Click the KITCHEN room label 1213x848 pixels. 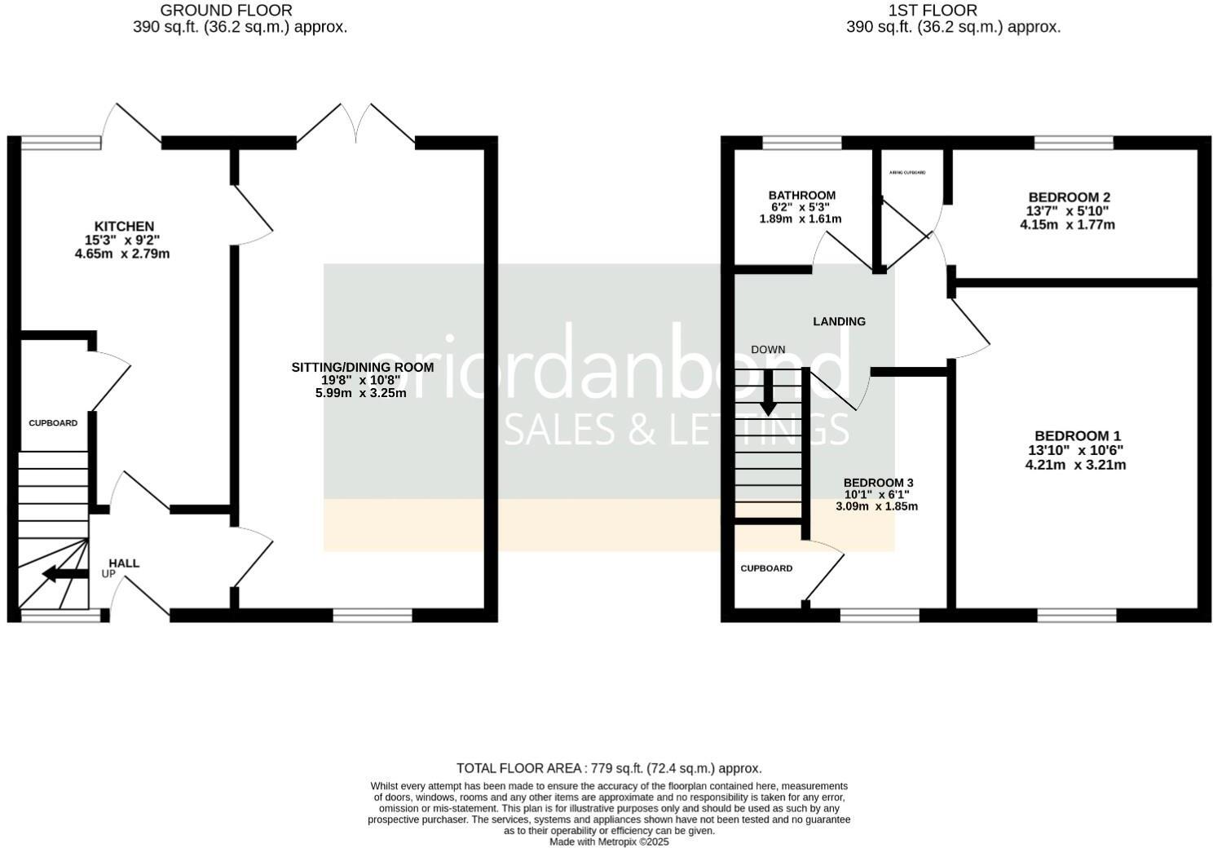click(x=124, y=226)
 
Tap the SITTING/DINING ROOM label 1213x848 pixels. click(x=362, y=367)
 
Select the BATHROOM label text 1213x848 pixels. click(x=801, y=196)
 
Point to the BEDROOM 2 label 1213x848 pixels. click(x=1069, y=197)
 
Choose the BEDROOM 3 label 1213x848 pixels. click(x=877, y=483)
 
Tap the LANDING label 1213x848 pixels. click(x=839, y=321)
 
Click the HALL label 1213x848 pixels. click(x=124, y=563)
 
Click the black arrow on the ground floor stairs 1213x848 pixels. click(x=65, y=573)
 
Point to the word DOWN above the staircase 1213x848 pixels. click(x=768, y=350)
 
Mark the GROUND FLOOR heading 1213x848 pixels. click(x=226, y=11)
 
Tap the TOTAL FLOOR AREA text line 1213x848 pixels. click(x=608, y=768)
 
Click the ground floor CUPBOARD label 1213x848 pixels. click(x=53, y=423)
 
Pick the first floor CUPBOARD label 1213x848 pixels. click(x=766, y=568)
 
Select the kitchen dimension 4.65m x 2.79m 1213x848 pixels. click(x=121, y=254)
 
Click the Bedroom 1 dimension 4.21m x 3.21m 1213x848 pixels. click(x=1075, y=465)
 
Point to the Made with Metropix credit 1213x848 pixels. click(x=608, y=841)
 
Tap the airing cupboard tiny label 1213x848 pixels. click(x=907, y=173)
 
